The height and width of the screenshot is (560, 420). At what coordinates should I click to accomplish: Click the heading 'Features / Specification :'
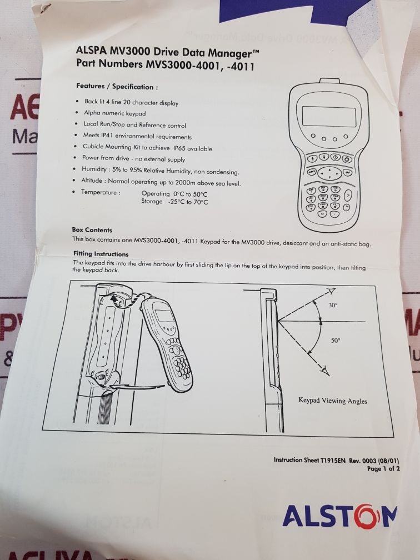[x=117, y=87]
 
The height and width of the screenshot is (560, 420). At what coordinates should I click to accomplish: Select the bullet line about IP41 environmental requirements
[x=137, y=137]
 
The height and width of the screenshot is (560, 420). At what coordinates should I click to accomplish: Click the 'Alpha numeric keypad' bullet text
[x=111, y=114]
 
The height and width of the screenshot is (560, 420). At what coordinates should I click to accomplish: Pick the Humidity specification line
[x=160, y=171]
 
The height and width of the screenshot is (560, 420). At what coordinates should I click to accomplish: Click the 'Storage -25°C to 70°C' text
[x=174, y=202]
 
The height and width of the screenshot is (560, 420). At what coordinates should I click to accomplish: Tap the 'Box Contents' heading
[x=92, y=230]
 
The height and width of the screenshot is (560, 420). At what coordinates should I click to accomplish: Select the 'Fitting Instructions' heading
[x=101, y=254]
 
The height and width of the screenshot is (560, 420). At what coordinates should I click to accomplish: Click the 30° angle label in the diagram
[x=333, y=305]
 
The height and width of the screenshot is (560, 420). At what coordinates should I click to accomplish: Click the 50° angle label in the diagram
[x=336, y=341]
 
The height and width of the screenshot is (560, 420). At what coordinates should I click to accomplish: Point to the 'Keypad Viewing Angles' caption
[x=333, y=401]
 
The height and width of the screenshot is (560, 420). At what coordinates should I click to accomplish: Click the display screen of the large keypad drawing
[x=328, y=117]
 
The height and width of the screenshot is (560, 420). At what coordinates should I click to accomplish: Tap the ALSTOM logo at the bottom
[x=339, y=516]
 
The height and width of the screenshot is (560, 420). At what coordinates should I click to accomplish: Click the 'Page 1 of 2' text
[x=383, y=469]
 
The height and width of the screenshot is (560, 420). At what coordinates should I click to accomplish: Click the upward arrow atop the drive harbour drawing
[x=113, y=298]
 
